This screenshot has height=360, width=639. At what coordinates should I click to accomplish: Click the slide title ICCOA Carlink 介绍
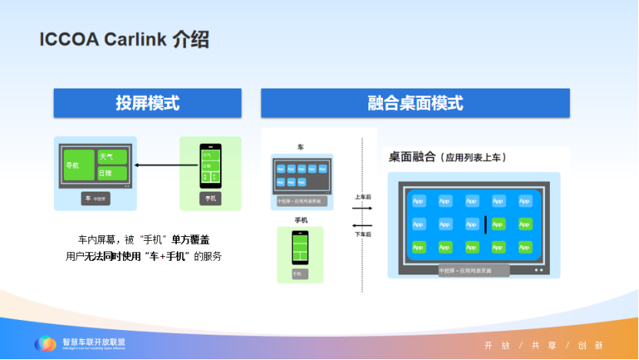pos(125,40)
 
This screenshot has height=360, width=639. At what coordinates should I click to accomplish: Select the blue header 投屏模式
pos(147,103)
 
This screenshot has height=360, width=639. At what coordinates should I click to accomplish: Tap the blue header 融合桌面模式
pos(415,103)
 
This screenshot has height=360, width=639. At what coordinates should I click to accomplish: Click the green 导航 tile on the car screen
pos(79,165)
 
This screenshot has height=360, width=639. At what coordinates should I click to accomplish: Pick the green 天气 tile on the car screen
pos(110,157)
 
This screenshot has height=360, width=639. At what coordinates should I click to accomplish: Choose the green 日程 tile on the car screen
pos(110,174)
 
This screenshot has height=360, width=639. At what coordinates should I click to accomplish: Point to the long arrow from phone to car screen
pos(162,165)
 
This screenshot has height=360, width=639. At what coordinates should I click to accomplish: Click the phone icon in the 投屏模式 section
pos(209,165)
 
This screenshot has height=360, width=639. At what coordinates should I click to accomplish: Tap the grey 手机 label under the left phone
pos(210,198)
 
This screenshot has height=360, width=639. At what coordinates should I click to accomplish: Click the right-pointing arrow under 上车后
pos(362,206)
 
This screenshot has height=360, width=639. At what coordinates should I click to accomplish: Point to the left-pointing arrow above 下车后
pos(362,225)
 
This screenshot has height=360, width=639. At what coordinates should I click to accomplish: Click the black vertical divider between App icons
pos(485,225)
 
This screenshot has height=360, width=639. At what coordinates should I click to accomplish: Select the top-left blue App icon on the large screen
pos(418,201)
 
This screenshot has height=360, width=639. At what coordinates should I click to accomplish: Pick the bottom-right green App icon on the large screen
pos(525,248)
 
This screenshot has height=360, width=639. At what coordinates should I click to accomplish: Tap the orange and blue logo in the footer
pos(45,344)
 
